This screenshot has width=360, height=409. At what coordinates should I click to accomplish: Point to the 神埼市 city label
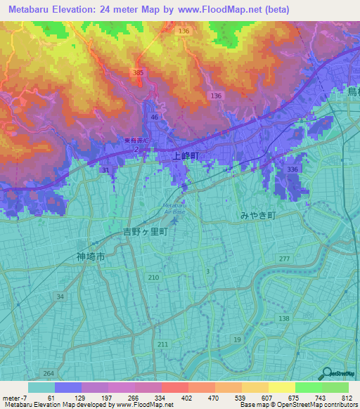(x=91, y=257)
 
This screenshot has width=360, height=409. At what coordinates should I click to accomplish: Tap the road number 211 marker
(x=162, y=344)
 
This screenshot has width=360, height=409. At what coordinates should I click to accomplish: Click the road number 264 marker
(x=48, y=373)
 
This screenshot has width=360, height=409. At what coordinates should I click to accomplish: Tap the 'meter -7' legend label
(x=13, y=398)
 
